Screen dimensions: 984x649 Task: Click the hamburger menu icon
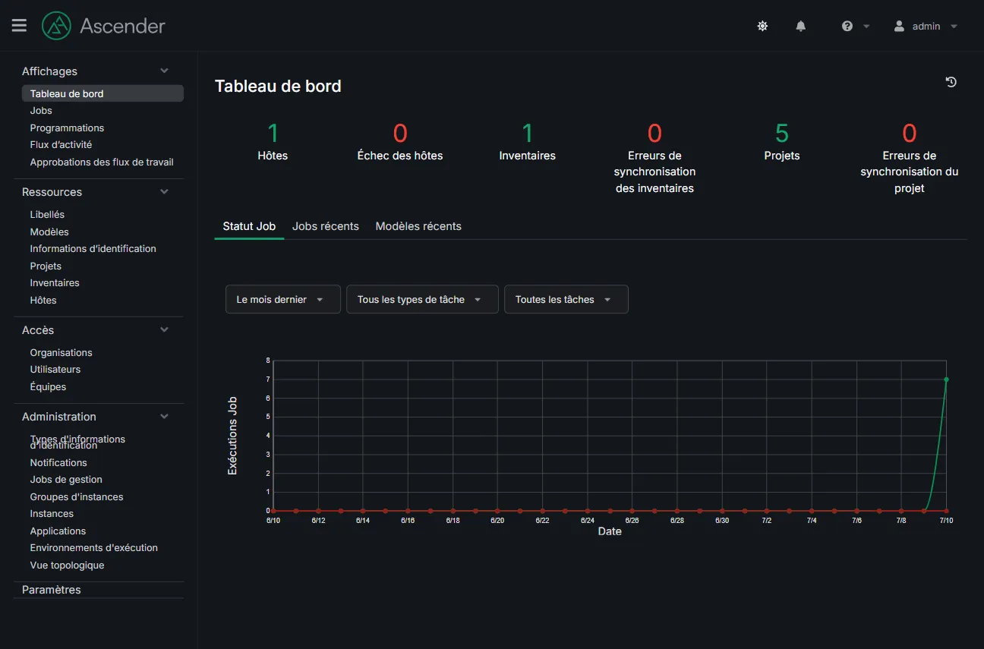pos(19,26)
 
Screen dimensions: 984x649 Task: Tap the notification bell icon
pos(800,27)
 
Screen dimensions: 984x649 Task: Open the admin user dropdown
pos(926,27)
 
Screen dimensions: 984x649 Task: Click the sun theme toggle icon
pos(762,27)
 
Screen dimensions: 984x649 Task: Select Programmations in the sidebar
pos(67,128)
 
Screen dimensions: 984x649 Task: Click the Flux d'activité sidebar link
pos(61,144)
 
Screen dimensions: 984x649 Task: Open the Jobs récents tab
pos(325,226)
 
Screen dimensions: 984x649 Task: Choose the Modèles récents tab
pos(418,226)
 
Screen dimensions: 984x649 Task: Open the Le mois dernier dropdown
pos(283,300)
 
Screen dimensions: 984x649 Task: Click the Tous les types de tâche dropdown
pos(422,300)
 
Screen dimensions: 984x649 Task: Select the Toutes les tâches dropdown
pos(566,300)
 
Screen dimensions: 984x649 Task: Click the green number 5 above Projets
pos(781,133)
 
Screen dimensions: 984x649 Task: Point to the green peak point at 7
pos(946,380)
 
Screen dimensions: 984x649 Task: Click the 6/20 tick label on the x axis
pos(497,521)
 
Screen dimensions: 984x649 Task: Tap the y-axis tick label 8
pos(268,361)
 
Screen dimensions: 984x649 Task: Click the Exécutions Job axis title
pos(232,436)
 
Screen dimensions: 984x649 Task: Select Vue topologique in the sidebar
pos(67,566)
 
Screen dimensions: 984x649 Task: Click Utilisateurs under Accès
pos(55,370)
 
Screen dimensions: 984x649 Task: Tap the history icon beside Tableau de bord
pos(951,82)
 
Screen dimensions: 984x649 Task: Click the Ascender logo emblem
pos(55,26)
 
